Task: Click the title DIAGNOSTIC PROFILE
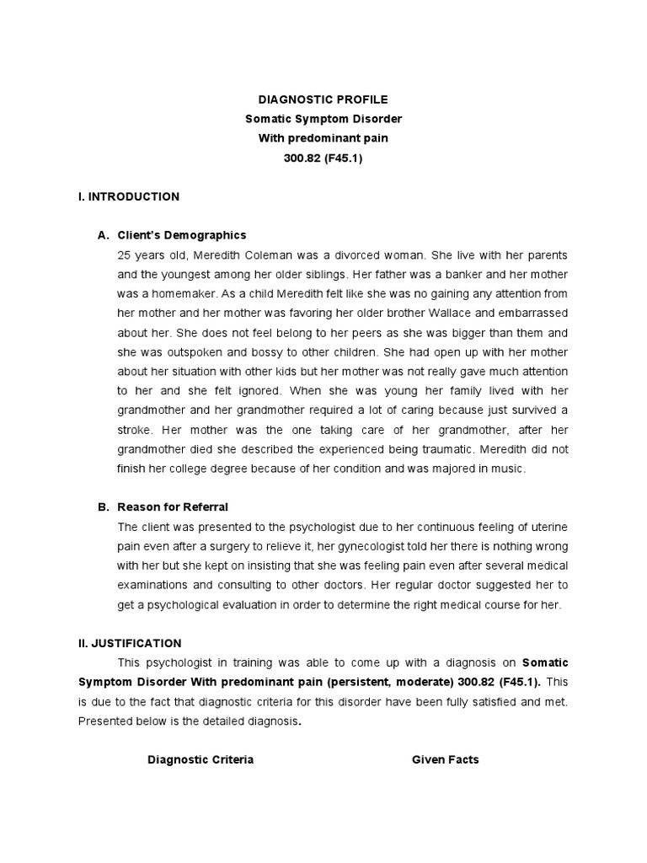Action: point(323,99)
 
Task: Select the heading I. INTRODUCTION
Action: point(128,196)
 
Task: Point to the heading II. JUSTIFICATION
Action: point(129,643)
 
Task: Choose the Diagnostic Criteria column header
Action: point(201,759)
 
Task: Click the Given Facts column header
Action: point(445,759)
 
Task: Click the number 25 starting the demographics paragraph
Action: point(125,255)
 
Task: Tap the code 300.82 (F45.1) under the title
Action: point(323,158)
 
